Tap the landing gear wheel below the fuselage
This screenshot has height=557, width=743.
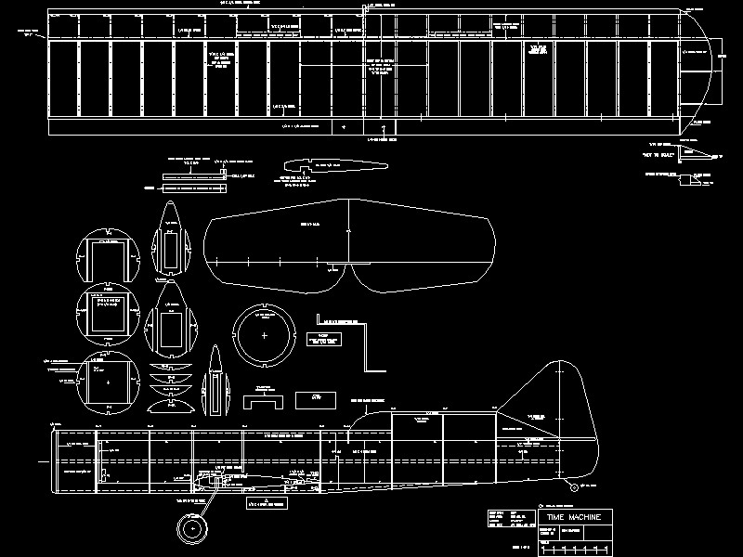click(194, 529)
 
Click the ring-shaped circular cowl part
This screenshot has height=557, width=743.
click(265, 334)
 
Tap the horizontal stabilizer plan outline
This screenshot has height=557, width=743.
click(349, 244)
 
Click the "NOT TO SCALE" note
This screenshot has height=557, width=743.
click(656, 159)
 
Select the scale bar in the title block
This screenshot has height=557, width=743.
click(576, 548)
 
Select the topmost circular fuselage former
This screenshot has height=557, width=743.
click(107, 255)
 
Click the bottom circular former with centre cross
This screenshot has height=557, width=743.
click(110, 382)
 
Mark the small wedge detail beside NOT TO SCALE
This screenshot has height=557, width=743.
click(691, 149)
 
